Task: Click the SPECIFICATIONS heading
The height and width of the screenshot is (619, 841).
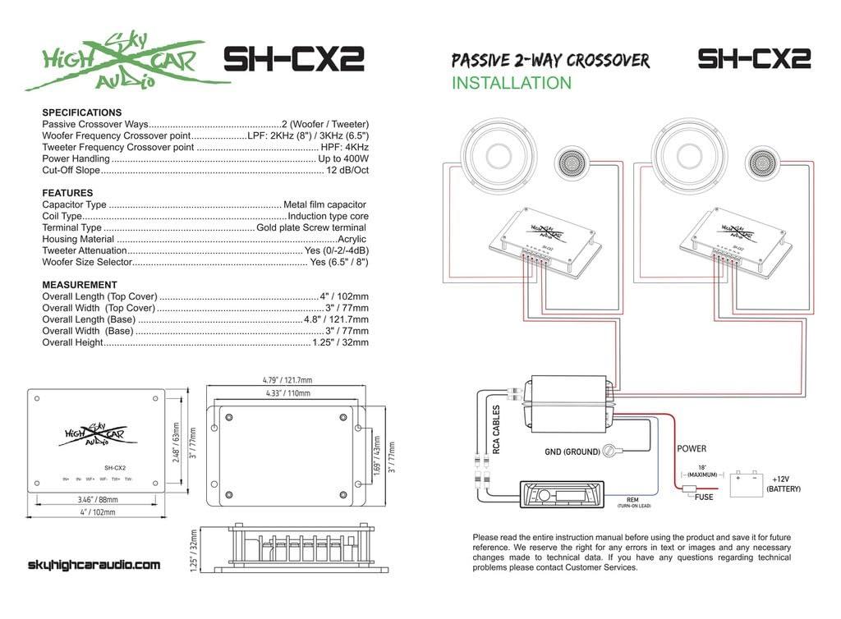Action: pyautogui.click(x=81, y=112)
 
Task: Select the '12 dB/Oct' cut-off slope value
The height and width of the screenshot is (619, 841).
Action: pyautogui.click(x=347, y=170)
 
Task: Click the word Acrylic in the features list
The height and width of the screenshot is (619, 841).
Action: pyautogui.click(x=352, y=239)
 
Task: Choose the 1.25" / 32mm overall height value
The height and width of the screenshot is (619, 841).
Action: pyautogui.click(x=340, y=342)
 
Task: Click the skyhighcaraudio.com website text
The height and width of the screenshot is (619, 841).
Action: pyautogui.click(x=94, y=565)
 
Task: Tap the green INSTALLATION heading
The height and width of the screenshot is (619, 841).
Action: pyautogui.click(x=511, y=83)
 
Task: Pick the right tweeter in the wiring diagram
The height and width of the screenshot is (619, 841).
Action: pyautogui.click(x=763, y=163)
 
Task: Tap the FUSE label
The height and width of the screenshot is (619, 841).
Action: pyautogui.click(x=704, y=497)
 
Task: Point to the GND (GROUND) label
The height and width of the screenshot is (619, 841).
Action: pyautogui.click(x=572, y=452)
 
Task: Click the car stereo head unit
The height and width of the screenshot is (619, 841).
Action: pyautogui.click(x=562, y=495)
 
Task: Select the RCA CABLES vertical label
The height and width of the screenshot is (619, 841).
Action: pyautogui.click(x=496, y=429)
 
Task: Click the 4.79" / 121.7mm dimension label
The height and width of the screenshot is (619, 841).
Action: pyautogui.click(x=287, y=381)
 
